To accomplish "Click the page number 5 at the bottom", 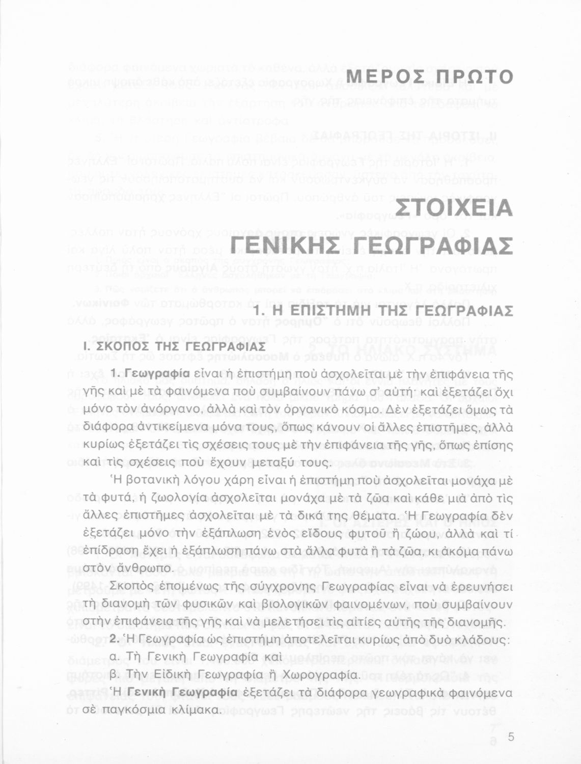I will tap(511, 736).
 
